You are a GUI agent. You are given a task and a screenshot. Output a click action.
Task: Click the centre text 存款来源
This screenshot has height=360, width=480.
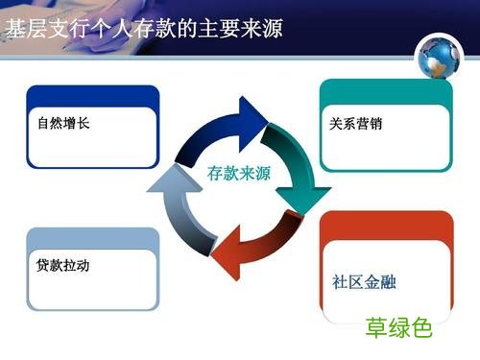pos(239,175)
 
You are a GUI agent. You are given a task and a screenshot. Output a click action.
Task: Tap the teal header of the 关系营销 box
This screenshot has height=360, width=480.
pos(385,93)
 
